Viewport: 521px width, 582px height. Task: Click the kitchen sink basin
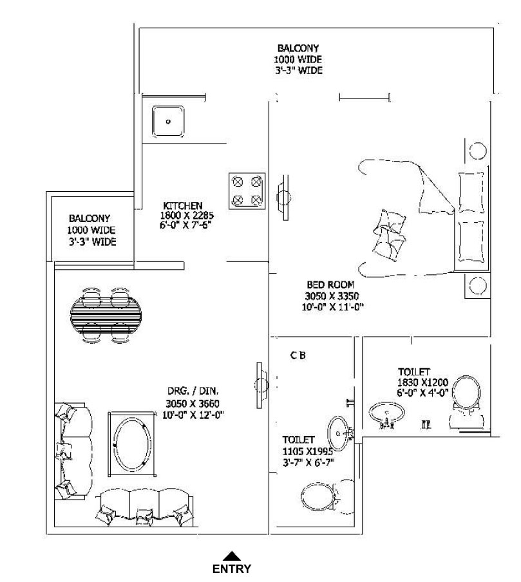(x=168, y=122)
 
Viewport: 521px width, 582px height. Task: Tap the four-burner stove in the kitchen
(x=247, y=191)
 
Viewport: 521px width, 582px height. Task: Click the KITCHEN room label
(x=183, y=205)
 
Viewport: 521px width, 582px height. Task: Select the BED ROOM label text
(x=330, y=285)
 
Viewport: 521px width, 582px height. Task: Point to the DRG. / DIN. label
(x=193, y=391)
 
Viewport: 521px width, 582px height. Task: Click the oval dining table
(x=106, y=315)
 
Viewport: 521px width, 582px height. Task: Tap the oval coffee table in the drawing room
(x=132, y=444)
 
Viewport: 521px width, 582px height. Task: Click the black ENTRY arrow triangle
(x=231, y=556)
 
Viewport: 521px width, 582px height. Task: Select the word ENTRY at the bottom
(x=232, y=568)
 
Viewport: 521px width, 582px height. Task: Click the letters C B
(x=298, y=355)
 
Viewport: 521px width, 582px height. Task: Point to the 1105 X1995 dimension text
(x=308, y=452)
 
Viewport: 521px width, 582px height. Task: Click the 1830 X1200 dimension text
(x=422, y=382)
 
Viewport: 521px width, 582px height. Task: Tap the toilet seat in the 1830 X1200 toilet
(x=467, y=393)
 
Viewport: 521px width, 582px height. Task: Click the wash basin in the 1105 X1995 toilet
(x=338, y=433)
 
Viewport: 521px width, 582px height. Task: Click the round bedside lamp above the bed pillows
(x=478, y=151)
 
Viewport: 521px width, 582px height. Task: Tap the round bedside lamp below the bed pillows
(x=478, y=285)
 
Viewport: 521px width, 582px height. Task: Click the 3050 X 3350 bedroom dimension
(x=332, y=296)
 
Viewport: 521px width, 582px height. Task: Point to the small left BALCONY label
(x=90, y=218)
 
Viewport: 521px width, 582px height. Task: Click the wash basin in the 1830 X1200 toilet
(x=386, y=413)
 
